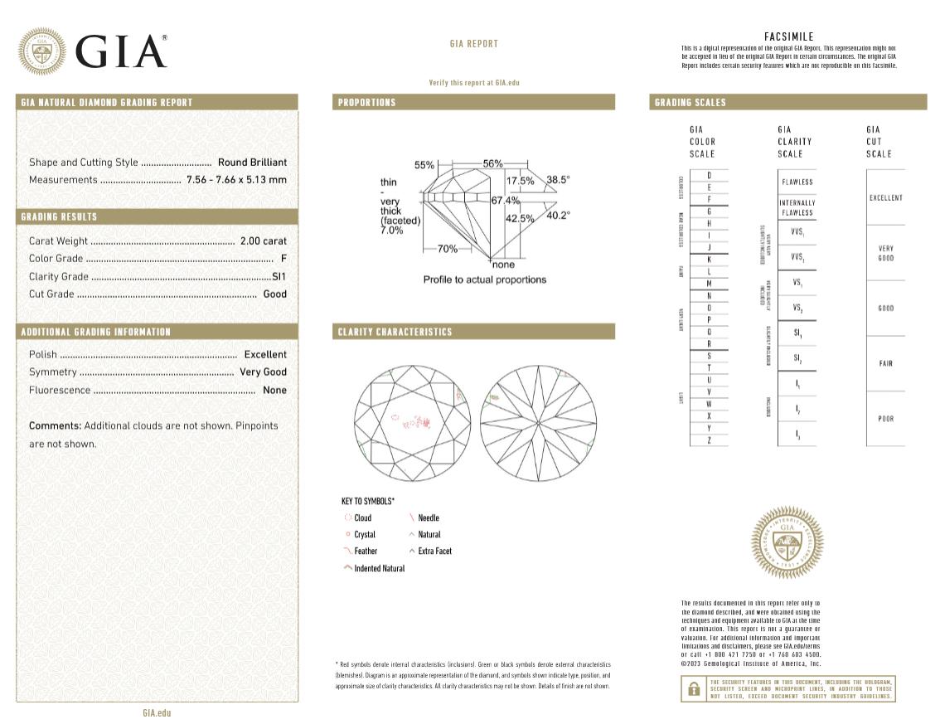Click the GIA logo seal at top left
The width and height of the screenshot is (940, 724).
[43, 51]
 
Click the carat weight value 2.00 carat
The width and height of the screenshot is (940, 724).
[263, 241]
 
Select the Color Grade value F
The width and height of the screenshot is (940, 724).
[283, 259]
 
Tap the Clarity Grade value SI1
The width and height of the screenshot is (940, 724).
[279, 276]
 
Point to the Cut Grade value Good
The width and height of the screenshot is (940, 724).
[274, 294]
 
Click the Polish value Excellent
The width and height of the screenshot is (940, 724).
[264, 354]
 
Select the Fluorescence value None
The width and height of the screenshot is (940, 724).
[274, 390]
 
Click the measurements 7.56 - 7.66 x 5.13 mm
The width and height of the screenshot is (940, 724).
[236, 180]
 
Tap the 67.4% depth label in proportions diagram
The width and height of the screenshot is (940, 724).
[506, 201]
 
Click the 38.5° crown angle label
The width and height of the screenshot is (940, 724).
[558, 179]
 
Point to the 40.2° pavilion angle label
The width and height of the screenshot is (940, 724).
[558, 216]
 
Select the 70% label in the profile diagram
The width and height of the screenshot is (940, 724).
[448, 249]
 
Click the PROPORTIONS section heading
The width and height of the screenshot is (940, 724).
[366, 102]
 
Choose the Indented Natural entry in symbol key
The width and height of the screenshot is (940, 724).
[379, 568]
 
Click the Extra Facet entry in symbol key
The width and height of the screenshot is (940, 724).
[434, 551]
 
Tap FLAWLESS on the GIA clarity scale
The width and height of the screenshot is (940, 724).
[797, 182]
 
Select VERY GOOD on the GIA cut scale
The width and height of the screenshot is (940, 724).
[885, 253]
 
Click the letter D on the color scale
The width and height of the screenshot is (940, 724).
[709, 175]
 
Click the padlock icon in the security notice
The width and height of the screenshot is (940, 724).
[691, 689]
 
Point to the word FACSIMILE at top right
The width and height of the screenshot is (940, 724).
[788, 36]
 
